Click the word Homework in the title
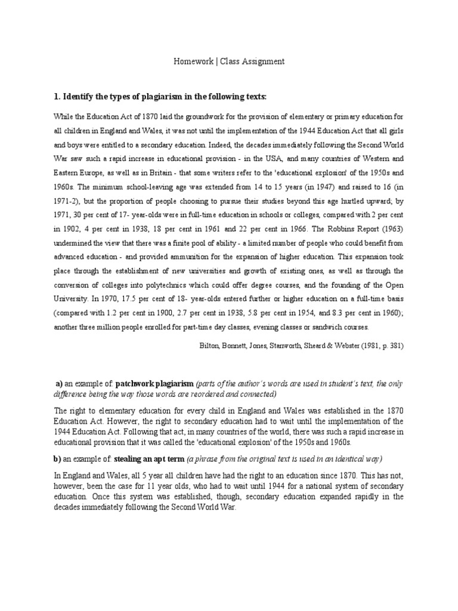coord(190,61)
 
